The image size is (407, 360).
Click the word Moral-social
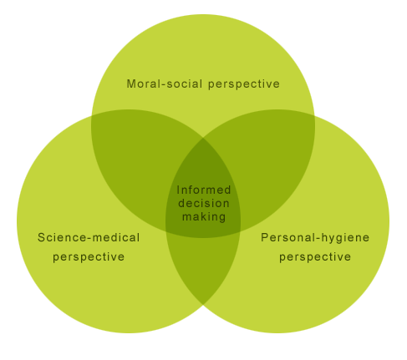[x=165, y=84]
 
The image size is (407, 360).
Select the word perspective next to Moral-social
[x=244, y=84]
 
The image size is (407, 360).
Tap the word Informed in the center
[x=204, y=190]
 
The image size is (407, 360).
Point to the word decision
[x=204, y=203]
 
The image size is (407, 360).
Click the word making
[x=204, y=217]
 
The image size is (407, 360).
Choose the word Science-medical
[x=89, y=237]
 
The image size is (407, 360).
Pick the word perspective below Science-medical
[x=89, y=257]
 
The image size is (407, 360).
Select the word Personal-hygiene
[x=315, y=238]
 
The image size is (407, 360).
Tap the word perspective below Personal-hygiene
[x=315, y=257]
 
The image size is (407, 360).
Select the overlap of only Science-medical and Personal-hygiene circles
[x=203, y=267]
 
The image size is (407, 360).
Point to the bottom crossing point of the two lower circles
[x=203, y=305]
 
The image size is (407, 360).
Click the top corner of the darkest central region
[x=203, y=138]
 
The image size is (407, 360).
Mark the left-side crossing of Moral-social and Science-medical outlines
[x=91, y=116]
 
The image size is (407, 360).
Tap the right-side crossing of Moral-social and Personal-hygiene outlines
[x=315, y=116]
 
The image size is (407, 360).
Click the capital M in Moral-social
[x=131, y=84]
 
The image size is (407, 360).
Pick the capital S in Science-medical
[x=42, y=237]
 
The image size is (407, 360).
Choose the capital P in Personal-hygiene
[x=265, y=237]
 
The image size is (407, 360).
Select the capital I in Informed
[x=178, y=190]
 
